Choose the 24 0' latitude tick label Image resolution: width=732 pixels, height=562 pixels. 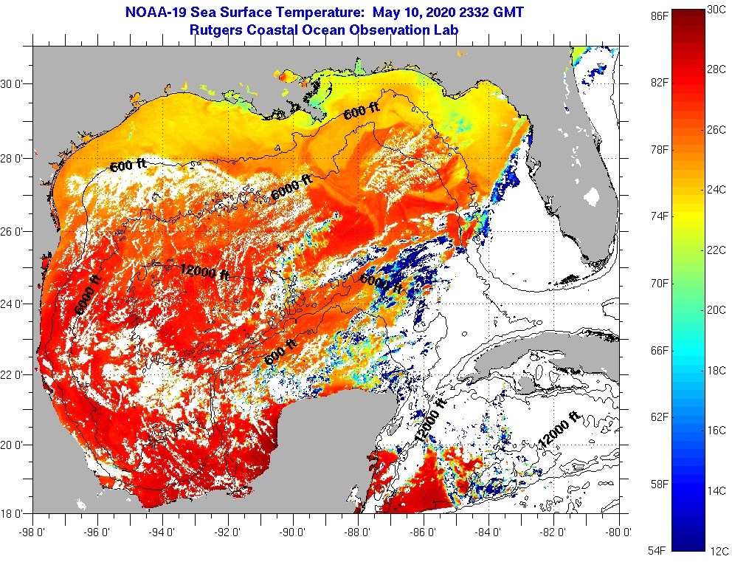click(x=13, y=304)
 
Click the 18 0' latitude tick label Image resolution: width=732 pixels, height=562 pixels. click(x=13, y=513)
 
